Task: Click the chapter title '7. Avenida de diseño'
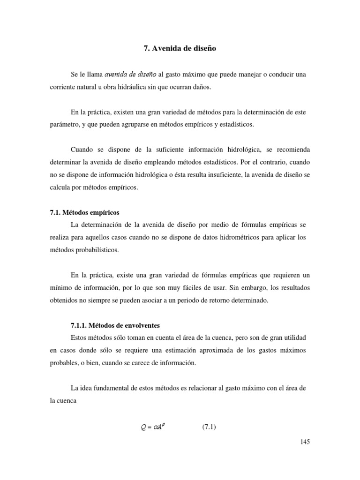pyautogui.click(x=180, y=48)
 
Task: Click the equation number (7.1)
pyautogui.click(x=209, y=427)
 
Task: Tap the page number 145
pyautogui.click(x=304, y=442)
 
